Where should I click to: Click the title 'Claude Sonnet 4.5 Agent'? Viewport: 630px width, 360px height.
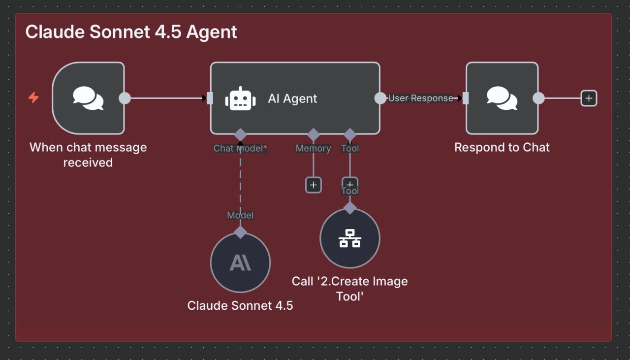pos(131,32)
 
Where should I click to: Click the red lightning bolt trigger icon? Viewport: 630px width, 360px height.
pos(33,98)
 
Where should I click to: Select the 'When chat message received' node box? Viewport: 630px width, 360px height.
pos(88,98)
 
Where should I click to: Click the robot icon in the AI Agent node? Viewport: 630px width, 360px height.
pos(240,98)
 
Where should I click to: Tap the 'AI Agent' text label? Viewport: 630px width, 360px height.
pos(292,98)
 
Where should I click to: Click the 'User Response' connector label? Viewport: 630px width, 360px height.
pos(420,98)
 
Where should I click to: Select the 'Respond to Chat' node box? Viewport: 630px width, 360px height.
pos(502,98)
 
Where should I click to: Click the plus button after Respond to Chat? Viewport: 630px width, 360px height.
pos(589,98)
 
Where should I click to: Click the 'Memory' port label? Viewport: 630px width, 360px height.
pos(313,148)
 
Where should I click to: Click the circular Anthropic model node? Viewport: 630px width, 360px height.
pos(240,263)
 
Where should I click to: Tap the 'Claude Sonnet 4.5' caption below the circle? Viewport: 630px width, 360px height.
pos(240,306)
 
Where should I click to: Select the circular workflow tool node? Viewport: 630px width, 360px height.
pos(350,238)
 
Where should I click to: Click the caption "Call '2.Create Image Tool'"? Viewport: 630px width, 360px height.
pos(350,289)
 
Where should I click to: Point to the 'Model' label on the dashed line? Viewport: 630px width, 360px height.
pos(240,215)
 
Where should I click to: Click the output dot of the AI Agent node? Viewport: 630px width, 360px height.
pos(380,98)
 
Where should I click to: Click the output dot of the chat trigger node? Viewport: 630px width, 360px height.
pos(125,98)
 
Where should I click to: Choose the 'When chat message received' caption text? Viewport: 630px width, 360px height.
pos(88,155)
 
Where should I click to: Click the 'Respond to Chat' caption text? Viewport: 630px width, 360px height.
pos(502,147)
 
